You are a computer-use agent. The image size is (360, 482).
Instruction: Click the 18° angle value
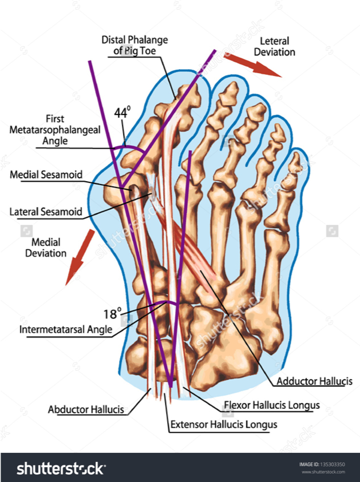pyautogui.click(x=113, y=313)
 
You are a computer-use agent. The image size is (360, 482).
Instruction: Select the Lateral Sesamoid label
pyautogui.click(x=46, y=212)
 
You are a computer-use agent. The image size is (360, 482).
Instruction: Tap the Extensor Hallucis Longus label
pyautogui.click(x=224, y=424)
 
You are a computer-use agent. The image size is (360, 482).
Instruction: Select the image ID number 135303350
pyautogui.click(x=334, y=464)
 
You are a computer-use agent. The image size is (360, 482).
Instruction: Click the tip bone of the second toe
pyautogui.click(x=231, y=90)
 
